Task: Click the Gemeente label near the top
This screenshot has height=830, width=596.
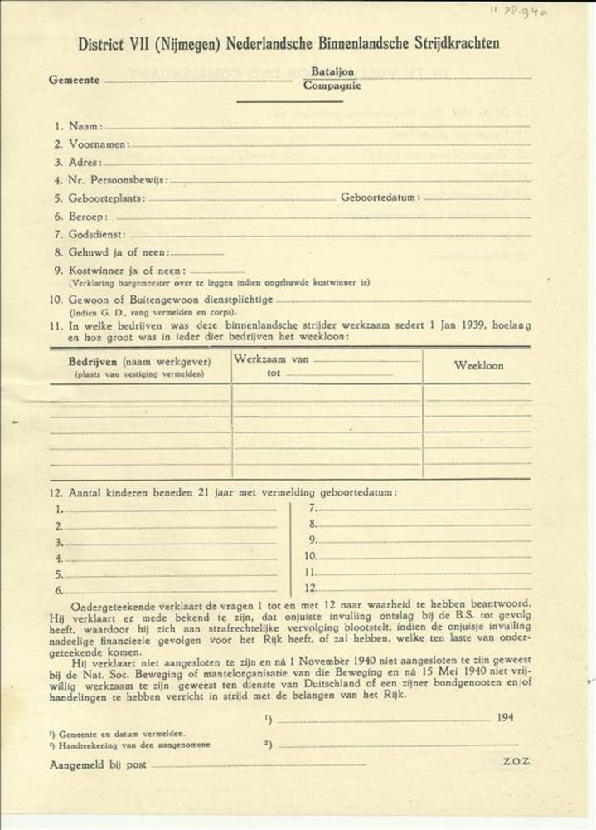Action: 75,81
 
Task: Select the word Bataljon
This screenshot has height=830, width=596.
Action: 332,72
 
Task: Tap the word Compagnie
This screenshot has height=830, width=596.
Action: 332,85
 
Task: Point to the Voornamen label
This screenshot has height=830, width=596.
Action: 99,144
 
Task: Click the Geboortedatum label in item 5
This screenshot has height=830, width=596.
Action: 380,198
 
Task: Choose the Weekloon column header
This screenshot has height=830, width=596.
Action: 478,365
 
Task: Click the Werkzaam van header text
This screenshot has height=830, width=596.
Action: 272,359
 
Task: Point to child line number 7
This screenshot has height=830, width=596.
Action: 313,508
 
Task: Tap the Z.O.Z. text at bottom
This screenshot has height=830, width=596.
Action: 516,760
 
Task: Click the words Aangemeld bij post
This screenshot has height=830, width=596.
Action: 99,764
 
